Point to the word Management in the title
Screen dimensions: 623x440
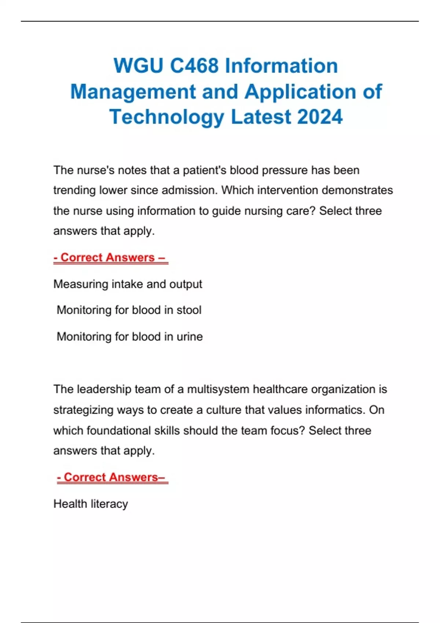click(133, 92)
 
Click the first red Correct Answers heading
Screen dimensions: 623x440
click(110, 258)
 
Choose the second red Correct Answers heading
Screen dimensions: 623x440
click(112, 477)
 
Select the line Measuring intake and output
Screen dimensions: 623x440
click(128, 284)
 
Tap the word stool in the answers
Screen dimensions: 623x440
click(189, 310)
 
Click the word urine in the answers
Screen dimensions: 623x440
click(190, 336)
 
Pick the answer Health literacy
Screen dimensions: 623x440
click(91, 504)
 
